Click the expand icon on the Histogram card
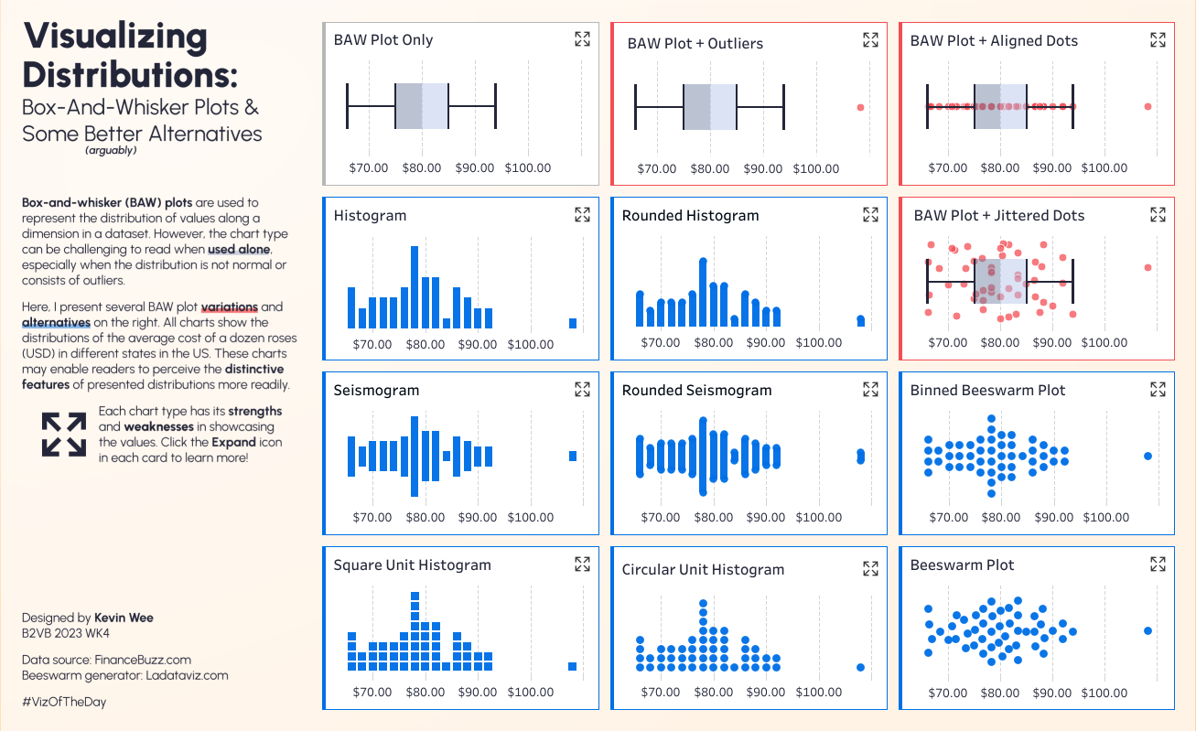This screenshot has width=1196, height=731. [582, 214]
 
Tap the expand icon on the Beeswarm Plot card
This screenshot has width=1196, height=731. [1158, 564]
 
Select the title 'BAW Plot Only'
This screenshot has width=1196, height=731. [383, 40]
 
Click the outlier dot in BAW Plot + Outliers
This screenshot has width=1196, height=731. [860, 107]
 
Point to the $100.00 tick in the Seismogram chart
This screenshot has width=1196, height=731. [531, 517]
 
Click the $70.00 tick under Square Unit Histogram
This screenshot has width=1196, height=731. [372, 692]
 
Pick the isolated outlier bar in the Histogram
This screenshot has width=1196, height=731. [573, 323]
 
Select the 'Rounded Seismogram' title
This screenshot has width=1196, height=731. [696, 390]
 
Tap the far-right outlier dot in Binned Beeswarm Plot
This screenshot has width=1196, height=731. [1148, 456]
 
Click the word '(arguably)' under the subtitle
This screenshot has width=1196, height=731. [111, 150]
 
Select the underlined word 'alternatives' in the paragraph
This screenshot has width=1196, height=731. [56, 323]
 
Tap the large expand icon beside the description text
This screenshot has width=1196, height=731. [63, 434]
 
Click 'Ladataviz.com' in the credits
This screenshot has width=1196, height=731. [187, 675]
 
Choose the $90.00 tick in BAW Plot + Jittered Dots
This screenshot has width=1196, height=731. [1052, 342]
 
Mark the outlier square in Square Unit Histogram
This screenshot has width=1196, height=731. [573, 666]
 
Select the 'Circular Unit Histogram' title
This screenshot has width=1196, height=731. [703, 569]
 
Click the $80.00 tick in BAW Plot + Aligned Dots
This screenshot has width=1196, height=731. [1000, 167]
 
